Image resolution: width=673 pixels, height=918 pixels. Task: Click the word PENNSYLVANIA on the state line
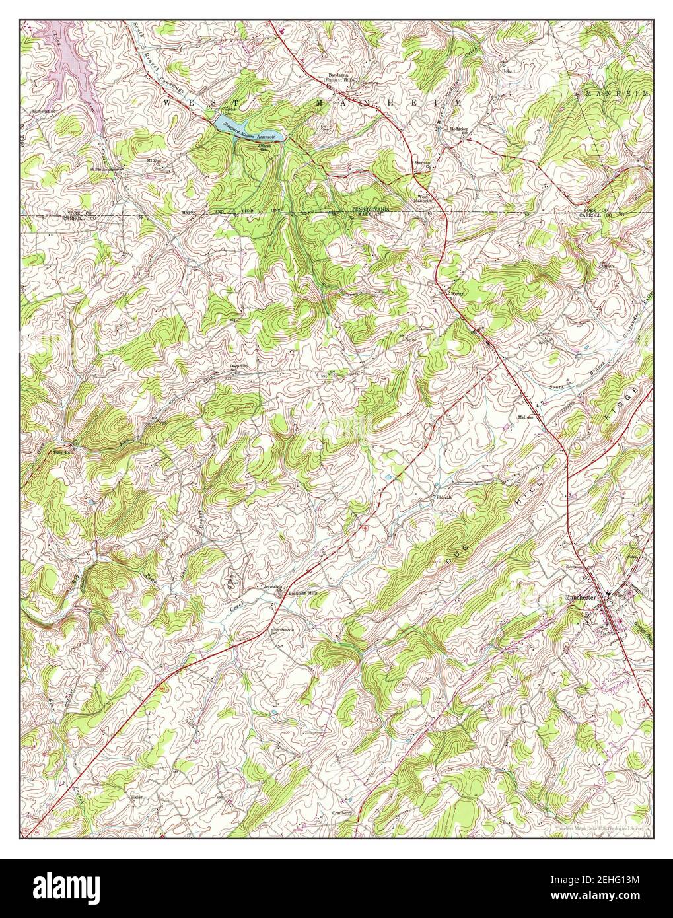388,209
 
